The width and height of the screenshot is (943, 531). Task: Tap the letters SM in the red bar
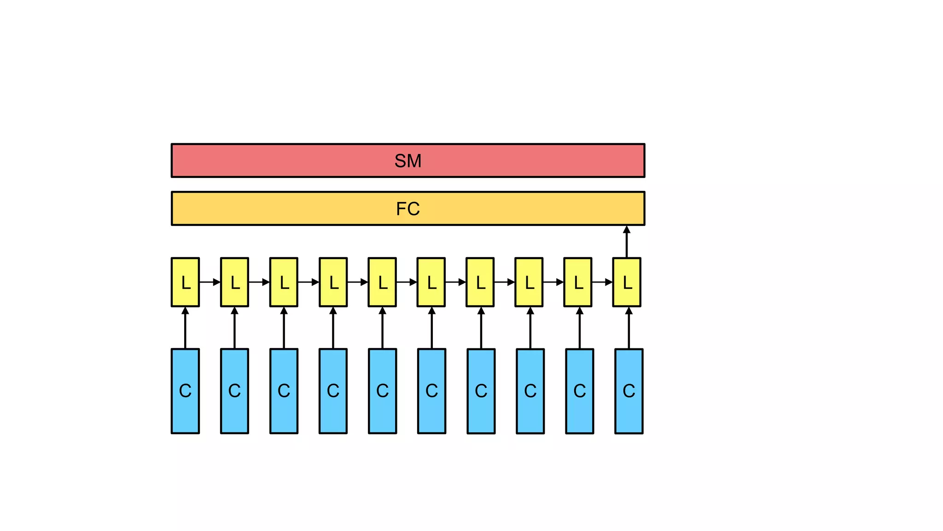click(407, 161)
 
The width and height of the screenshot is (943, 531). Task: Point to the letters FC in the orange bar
click(407, 209)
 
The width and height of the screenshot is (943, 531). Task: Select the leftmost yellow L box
click(185, 282)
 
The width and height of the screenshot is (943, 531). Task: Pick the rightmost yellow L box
click(626, 282)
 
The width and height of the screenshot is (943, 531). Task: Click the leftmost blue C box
click(185, 391)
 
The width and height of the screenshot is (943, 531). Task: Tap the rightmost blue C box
click(629, 391)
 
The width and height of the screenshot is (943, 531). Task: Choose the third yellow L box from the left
click(284, 282)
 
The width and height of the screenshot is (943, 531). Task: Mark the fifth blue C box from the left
click(382, 391)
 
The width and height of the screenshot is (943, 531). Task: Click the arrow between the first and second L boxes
click(210, 282)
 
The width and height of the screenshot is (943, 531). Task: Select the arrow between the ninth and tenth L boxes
click(602, 282)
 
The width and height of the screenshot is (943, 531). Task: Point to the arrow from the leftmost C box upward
click(185, 328)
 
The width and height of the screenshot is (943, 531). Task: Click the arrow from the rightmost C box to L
click(629, 328)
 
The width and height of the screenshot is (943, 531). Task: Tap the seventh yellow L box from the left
click(480, 282)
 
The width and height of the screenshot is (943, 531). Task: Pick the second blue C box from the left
click(234, 391)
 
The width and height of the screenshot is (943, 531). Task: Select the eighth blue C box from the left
click(530, 391)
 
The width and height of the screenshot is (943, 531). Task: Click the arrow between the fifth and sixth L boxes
click(407, 282)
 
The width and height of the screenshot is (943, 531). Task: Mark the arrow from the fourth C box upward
click(333, 328)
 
